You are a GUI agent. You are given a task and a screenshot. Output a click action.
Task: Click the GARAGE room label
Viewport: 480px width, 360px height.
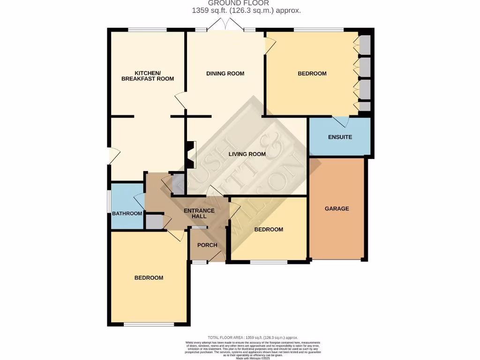337,209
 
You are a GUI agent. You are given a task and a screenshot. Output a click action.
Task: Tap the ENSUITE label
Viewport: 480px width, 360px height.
339,137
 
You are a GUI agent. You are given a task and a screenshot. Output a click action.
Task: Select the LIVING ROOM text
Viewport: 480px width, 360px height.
247,154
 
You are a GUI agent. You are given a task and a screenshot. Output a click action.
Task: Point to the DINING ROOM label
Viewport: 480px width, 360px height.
225,74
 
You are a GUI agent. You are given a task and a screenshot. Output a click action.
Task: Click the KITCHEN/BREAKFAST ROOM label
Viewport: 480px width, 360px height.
147,76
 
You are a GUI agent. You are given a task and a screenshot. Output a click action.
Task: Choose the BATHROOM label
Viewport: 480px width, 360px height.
127,214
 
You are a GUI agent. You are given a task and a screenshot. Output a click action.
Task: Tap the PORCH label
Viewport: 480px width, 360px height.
207,245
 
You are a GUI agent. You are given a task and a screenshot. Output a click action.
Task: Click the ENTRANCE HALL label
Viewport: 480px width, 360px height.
199,213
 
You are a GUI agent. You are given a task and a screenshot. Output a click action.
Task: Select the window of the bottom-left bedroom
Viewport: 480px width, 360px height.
149,324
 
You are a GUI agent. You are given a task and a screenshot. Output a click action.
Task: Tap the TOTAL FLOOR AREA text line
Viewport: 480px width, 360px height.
253,337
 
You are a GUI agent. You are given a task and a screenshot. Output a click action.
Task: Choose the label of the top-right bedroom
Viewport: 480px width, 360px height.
312,74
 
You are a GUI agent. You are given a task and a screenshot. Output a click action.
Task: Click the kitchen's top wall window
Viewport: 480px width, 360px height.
147,30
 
